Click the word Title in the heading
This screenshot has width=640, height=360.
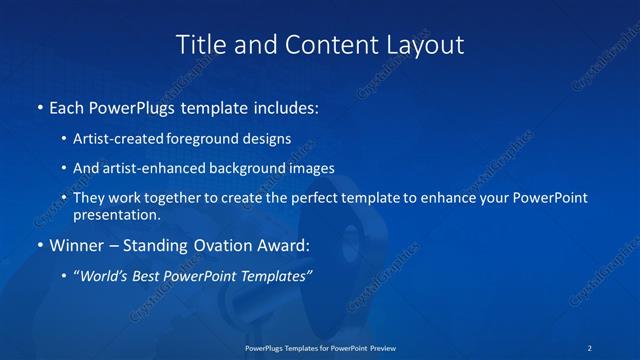(x=198, y=45)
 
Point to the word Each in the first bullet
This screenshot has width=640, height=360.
(x=66, y=107)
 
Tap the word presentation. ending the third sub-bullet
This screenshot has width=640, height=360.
(x=116, y=214)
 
